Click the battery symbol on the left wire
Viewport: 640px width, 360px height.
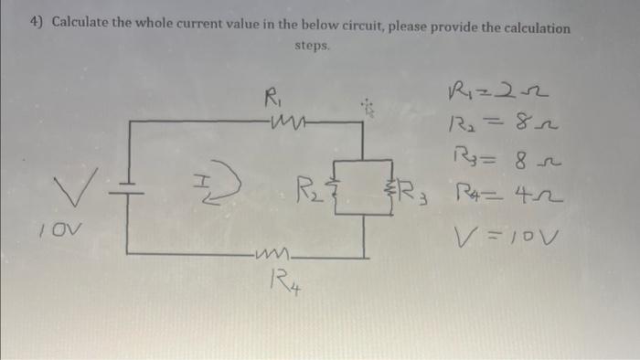coord(125,187)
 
